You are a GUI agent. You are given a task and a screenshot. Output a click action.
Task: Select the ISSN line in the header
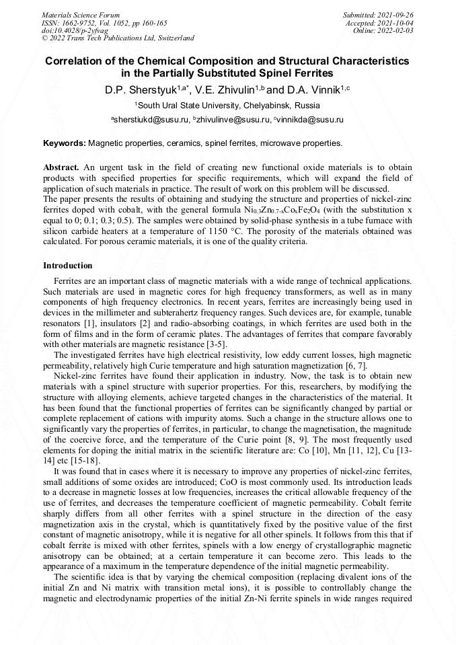(104, 23)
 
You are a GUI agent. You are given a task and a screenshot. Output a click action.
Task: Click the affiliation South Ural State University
(228, 106)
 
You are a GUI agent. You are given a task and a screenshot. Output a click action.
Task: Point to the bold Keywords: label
(65, 143)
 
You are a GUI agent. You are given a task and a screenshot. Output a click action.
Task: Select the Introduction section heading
(68, 266)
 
